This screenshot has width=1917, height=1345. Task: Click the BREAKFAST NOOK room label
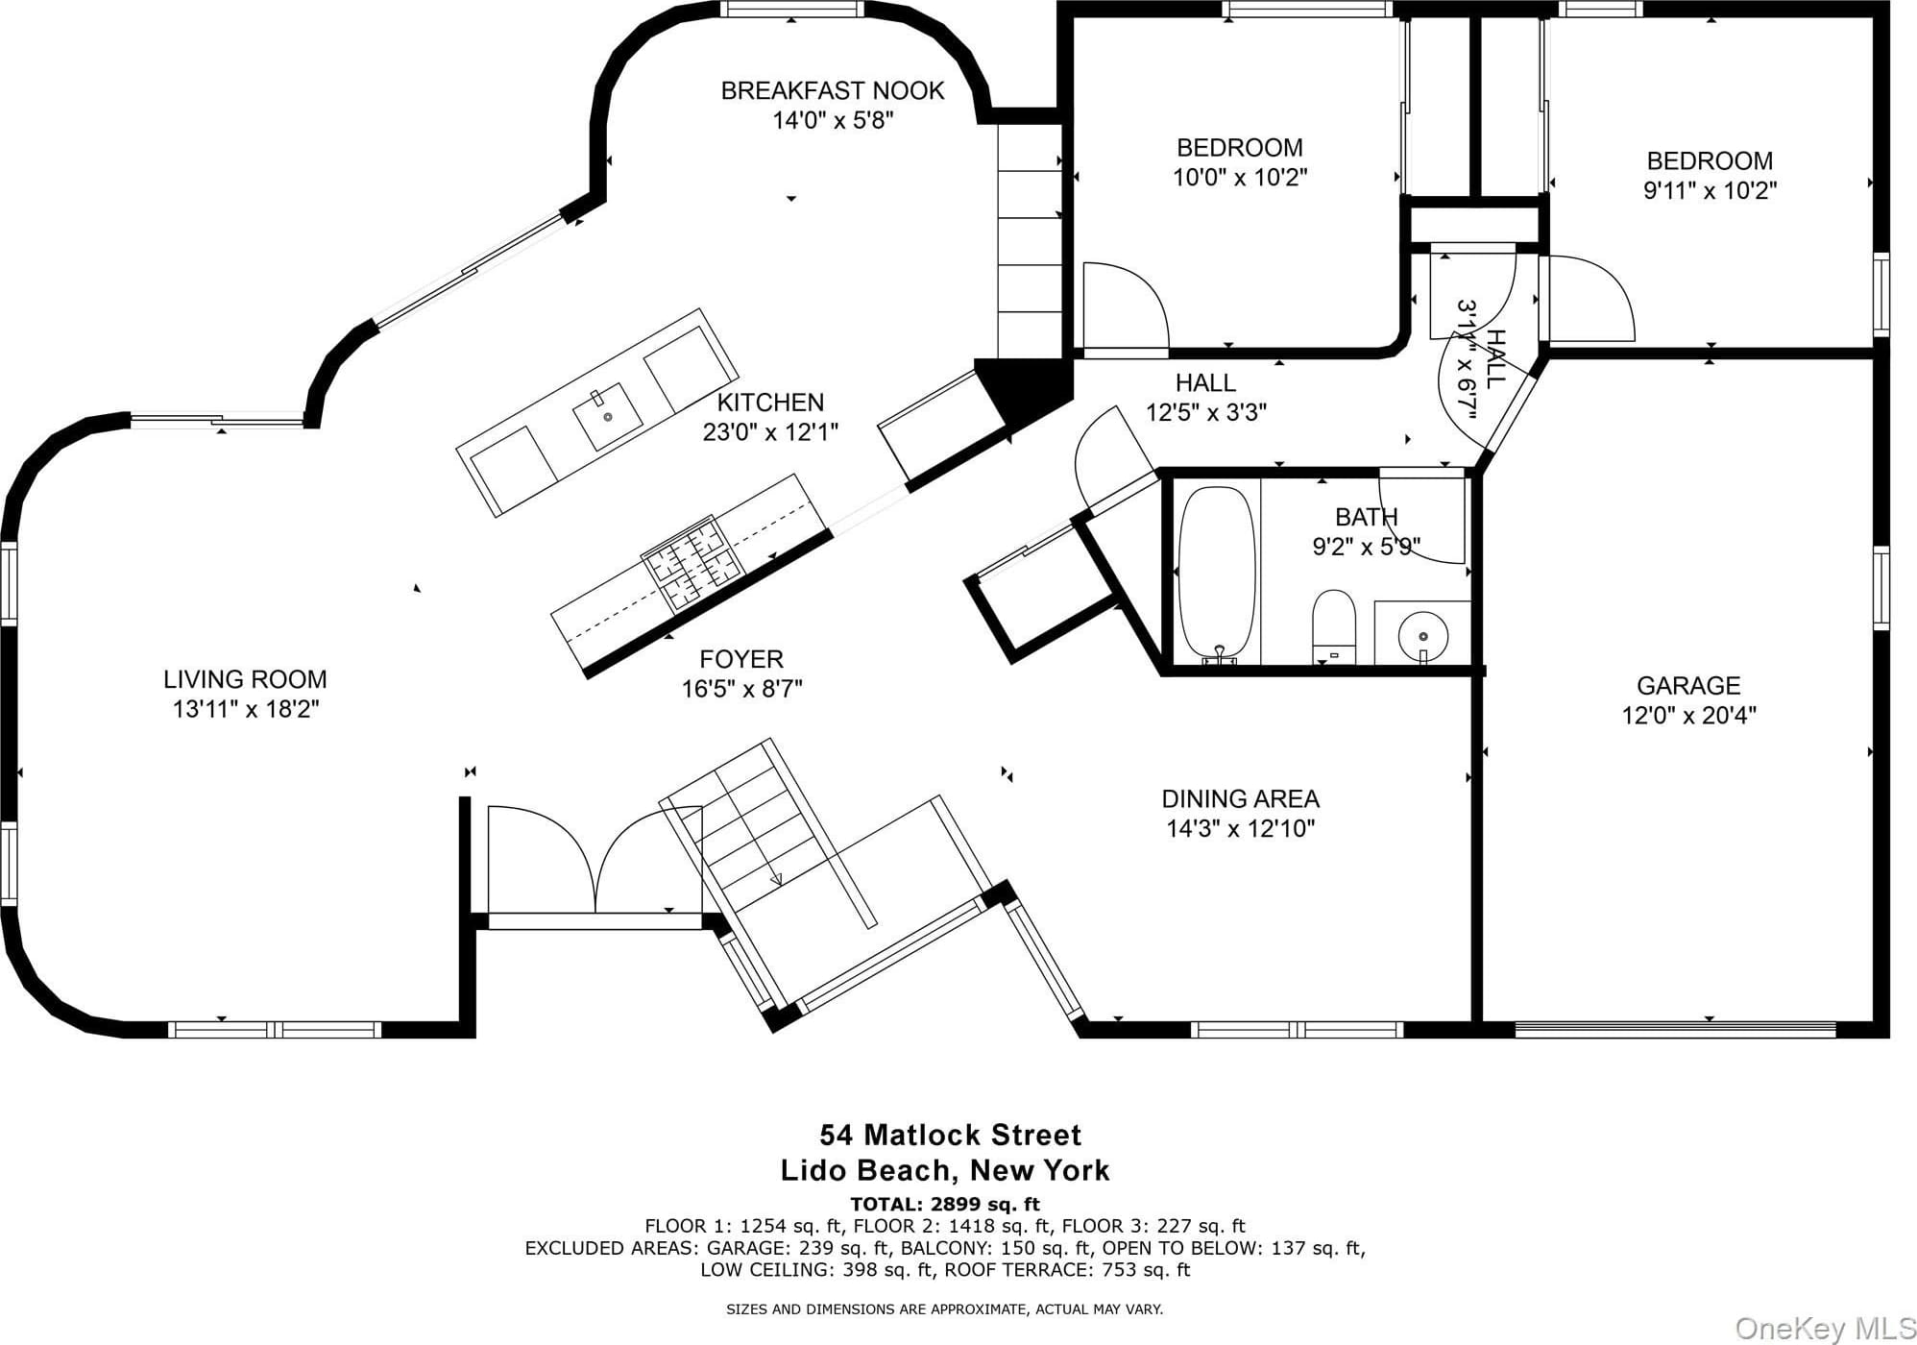[833, 90]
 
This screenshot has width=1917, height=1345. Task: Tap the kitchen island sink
[608, 416]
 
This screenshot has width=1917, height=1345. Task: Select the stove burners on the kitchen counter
[693, 564]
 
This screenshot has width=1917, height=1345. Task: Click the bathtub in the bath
[1217, 574]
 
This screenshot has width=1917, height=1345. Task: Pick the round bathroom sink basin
[1422, 634]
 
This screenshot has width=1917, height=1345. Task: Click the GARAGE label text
[1688, 685]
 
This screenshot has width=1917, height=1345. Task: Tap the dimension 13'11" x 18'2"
[246, 710]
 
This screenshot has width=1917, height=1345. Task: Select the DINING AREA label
[1241, 798]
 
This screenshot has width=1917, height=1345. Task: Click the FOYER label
[741, 659]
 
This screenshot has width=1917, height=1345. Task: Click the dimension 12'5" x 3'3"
[1206, 412]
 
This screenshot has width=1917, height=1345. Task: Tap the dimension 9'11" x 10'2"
[1710, 190]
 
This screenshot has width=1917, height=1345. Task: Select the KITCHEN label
[770, 402]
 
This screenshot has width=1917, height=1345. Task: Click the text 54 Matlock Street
[950, 1135]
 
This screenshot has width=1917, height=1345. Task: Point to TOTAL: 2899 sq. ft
[945, 1204]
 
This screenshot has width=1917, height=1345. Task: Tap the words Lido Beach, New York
[945, 1170]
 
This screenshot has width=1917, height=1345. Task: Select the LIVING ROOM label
[245, 679]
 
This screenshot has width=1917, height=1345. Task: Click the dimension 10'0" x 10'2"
[1240, 178]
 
